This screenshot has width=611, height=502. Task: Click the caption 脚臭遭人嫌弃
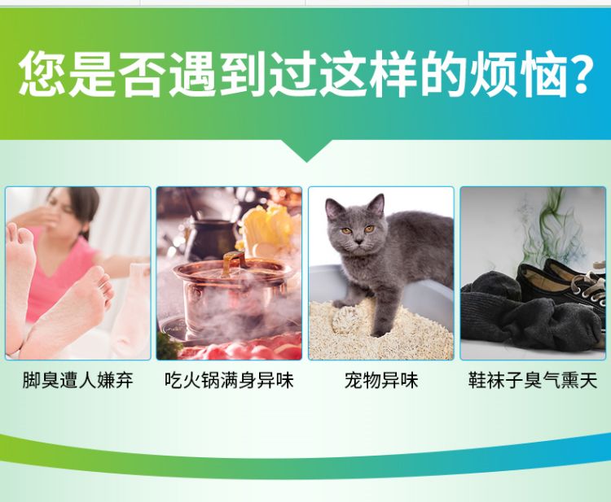(77, 380)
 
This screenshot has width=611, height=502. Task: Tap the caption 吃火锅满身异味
(229, 380)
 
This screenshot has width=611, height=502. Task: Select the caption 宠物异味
(381, 380)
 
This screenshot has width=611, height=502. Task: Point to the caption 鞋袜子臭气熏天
(533, 380)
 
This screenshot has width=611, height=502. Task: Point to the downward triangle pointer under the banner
(306, 150)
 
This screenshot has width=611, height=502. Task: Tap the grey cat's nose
(359, 242)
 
